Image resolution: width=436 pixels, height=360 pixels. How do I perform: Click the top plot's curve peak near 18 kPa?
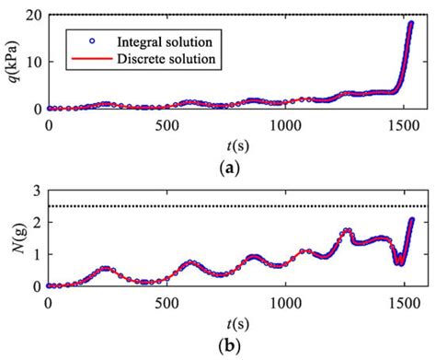click(411, 24)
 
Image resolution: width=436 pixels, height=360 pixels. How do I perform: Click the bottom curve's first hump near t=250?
click(106, 268)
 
